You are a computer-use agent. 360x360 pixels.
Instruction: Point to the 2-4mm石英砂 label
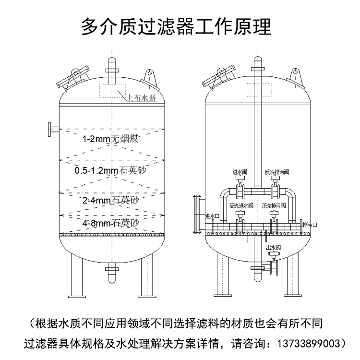click(x=111, y=200)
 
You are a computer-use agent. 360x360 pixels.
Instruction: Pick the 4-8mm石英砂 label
click(x=111, y=223)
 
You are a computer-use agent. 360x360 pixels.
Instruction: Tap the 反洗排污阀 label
click(x=277, y=172)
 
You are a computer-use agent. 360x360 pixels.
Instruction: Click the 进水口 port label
click(x=212, y=216)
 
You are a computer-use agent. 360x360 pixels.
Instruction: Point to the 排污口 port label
click(x=310, y=224)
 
